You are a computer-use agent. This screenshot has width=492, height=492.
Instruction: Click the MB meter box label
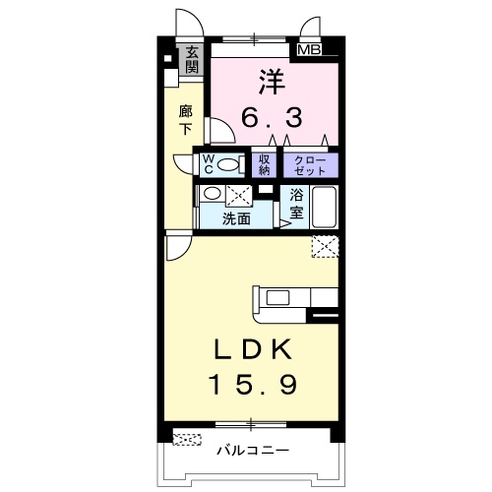[309, 50]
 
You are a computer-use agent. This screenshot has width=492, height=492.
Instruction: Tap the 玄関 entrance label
[192, 60]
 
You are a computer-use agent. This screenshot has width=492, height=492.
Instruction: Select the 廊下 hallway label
[186, 120]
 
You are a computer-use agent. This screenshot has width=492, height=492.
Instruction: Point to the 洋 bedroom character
[273, 83]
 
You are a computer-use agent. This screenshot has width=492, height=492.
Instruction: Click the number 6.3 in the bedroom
[272, 118]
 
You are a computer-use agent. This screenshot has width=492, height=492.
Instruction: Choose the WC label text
[209, 164]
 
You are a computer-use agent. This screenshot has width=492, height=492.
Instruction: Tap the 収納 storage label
[264, 165]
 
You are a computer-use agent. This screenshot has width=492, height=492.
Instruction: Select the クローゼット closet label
[310, 165]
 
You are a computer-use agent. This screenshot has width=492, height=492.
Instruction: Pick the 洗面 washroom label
[236, 218]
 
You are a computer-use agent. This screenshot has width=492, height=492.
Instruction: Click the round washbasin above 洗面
[212, 193]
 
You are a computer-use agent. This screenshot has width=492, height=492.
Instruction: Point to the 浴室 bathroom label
[296, 205]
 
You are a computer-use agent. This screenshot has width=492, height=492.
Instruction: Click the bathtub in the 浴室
[324, 208]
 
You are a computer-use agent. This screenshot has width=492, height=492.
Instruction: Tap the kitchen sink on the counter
[277, 298]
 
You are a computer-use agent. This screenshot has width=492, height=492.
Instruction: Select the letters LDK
[253, 349]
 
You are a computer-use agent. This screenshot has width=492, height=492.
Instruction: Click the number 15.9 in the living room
[253, 384]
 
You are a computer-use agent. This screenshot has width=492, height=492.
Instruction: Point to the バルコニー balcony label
[253, 450]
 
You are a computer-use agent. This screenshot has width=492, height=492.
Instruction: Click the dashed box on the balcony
[187, 440]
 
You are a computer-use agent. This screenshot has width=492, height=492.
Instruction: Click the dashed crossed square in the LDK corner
[325, 246]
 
